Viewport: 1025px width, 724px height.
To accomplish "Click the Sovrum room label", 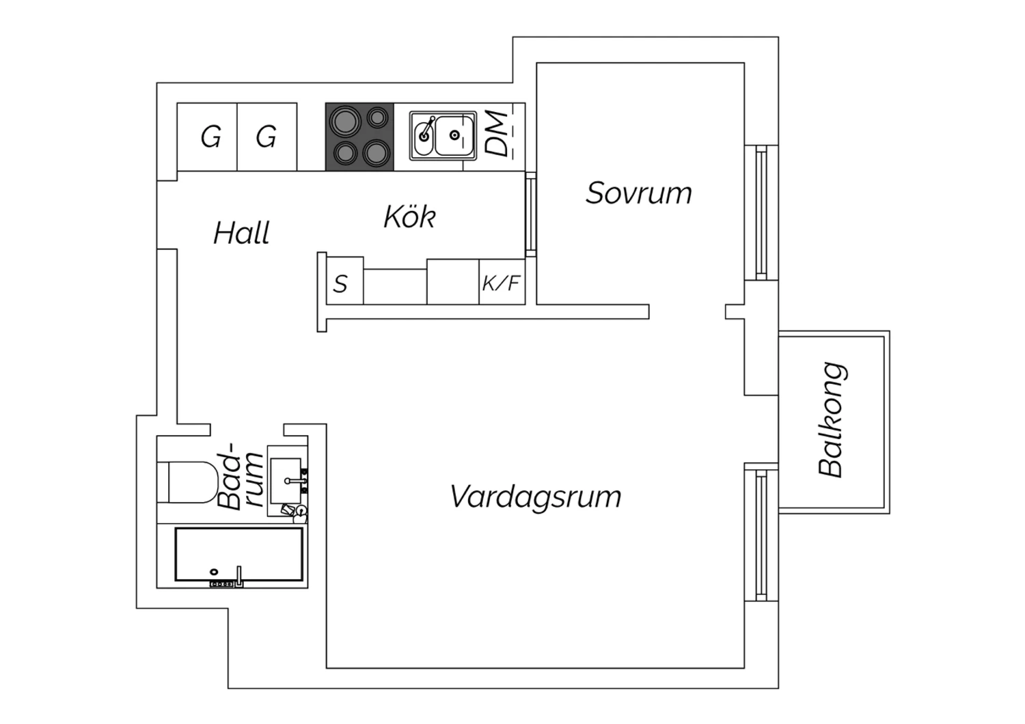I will [x=638, y=193].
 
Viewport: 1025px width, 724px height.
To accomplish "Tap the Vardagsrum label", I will [x=536, y=497].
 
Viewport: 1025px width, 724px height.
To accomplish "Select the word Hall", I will [x=241, y=233].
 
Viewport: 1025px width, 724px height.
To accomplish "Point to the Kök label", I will [x=409, y=217].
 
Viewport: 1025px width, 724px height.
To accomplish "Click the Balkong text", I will [x=832, y=419].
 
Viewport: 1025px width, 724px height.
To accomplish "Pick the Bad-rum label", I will [x=241, y=481].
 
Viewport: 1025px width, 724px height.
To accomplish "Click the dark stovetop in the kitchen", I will [x=359, y=136].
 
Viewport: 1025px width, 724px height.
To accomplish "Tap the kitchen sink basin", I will [x=454, y=135].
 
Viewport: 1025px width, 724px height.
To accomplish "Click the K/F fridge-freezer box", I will [x=502, y=282].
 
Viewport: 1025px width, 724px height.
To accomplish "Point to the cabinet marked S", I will [x=340, y=283].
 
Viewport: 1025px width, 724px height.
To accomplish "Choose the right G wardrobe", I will [x=266, y=137].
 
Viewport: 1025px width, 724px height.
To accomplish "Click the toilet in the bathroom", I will [x=184, y=482].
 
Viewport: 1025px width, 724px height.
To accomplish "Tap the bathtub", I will [x=239, y=554].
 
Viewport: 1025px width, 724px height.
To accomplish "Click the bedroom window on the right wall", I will [x=761, y=212].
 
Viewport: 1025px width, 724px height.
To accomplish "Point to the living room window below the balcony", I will [x=761, y=533].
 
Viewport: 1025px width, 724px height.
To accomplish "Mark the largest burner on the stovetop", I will [x=344, y=123].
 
